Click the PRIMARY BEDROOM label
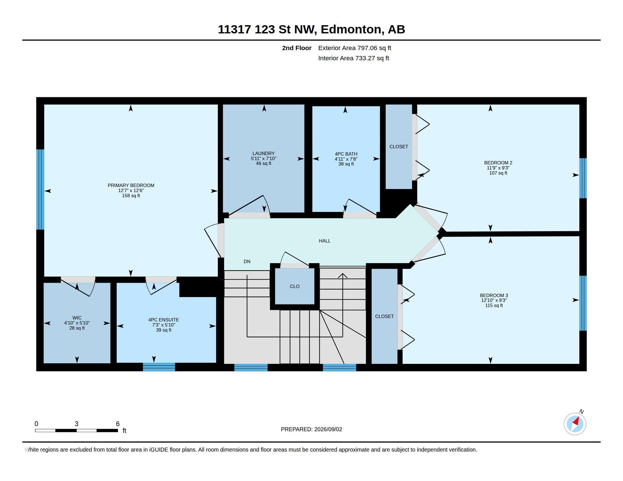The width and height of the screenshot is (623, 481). tap(131, 185)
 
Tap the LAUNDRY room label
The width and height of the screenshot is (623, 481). tap(263, 153)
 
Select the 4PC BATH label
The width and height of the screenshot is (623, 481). tap(346, 154)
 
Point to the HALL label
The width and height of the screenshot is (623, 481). tap(325, 241)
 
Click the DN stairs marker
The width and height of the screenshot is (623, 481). tap(247, 261)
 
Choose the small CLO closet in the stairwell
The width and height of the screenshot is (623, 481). tap(295, 286)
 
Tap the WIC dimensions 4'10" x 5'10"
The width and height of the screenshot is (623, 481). tap(77, 323)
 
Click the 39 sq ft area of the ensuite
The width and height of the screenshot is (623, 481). tap(164, 330)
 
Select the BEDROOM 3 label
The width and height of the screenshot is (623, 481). tap(494, 295)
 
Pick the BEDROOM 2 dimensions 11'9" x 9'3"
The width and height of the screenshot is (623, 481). tap(498, 168)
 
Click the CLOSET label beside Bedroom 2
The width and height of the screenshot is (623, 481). tap(399, 147)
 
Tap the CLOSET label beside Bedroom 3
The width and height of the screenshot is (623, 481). tap(385, 316)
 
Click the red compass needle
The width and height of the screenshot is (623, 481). tap(576, 421)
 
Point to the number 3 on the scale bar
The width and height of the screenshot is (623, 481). tap(76, 424)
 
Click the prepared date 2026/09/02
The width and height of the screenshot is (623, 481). tap(328, 429)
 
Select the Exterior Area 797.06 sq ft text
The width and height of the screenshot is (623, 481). tap(355, 48)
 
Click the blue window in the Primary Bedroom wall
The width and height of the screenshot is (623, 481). tap(40, 190)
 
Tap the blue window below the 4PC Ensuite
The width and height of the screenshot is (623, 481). tap(159, 367)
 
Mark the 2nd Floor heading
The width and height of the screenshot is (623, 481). tap(297, 48)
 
